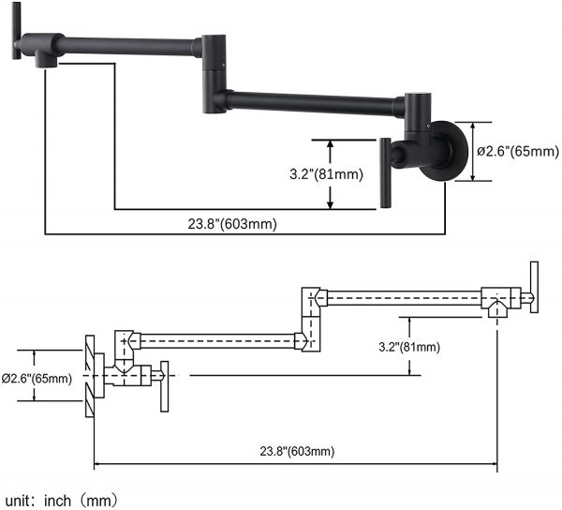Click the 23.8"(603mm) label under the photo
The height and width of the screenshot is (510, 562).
232,224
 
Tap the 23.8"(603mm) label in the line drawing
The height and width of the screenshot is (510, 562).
297,451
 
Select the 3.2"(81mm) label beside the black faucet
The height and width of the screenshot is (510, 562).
326,174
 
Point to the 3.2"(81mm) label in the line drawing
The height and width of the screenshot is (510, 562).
409,347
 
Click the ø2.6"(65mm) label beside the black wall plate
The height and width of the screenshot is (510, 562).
518,151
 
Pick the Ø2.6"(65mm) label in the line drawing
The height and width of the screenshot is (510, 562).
37,379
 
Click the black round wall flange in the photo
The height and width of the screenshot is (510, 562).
445,151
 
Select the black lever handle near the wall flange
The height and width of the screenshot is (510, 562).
385,172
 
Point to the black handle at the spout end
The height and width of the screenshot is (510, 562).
16,30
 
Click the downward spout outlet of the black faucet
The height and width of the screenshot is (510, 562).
46,60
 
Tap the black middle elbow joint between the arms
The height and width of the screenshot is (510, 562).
214,74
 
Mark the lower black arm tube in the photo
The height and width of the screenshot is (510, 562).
313,102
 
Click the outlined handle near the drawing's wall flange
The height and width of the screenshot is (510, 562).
164,386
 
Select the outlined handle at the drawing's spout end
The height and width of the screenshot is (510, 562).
534,287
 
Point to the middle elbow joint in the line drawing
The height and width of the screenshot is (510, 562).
310,319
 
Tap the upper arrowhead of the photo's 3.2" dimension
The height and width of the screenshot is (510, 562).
331,144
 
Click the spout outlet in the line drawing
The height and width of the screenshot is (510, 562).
497,309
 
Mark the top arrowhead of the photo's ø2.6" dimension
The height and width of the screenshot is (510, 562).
473,127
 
